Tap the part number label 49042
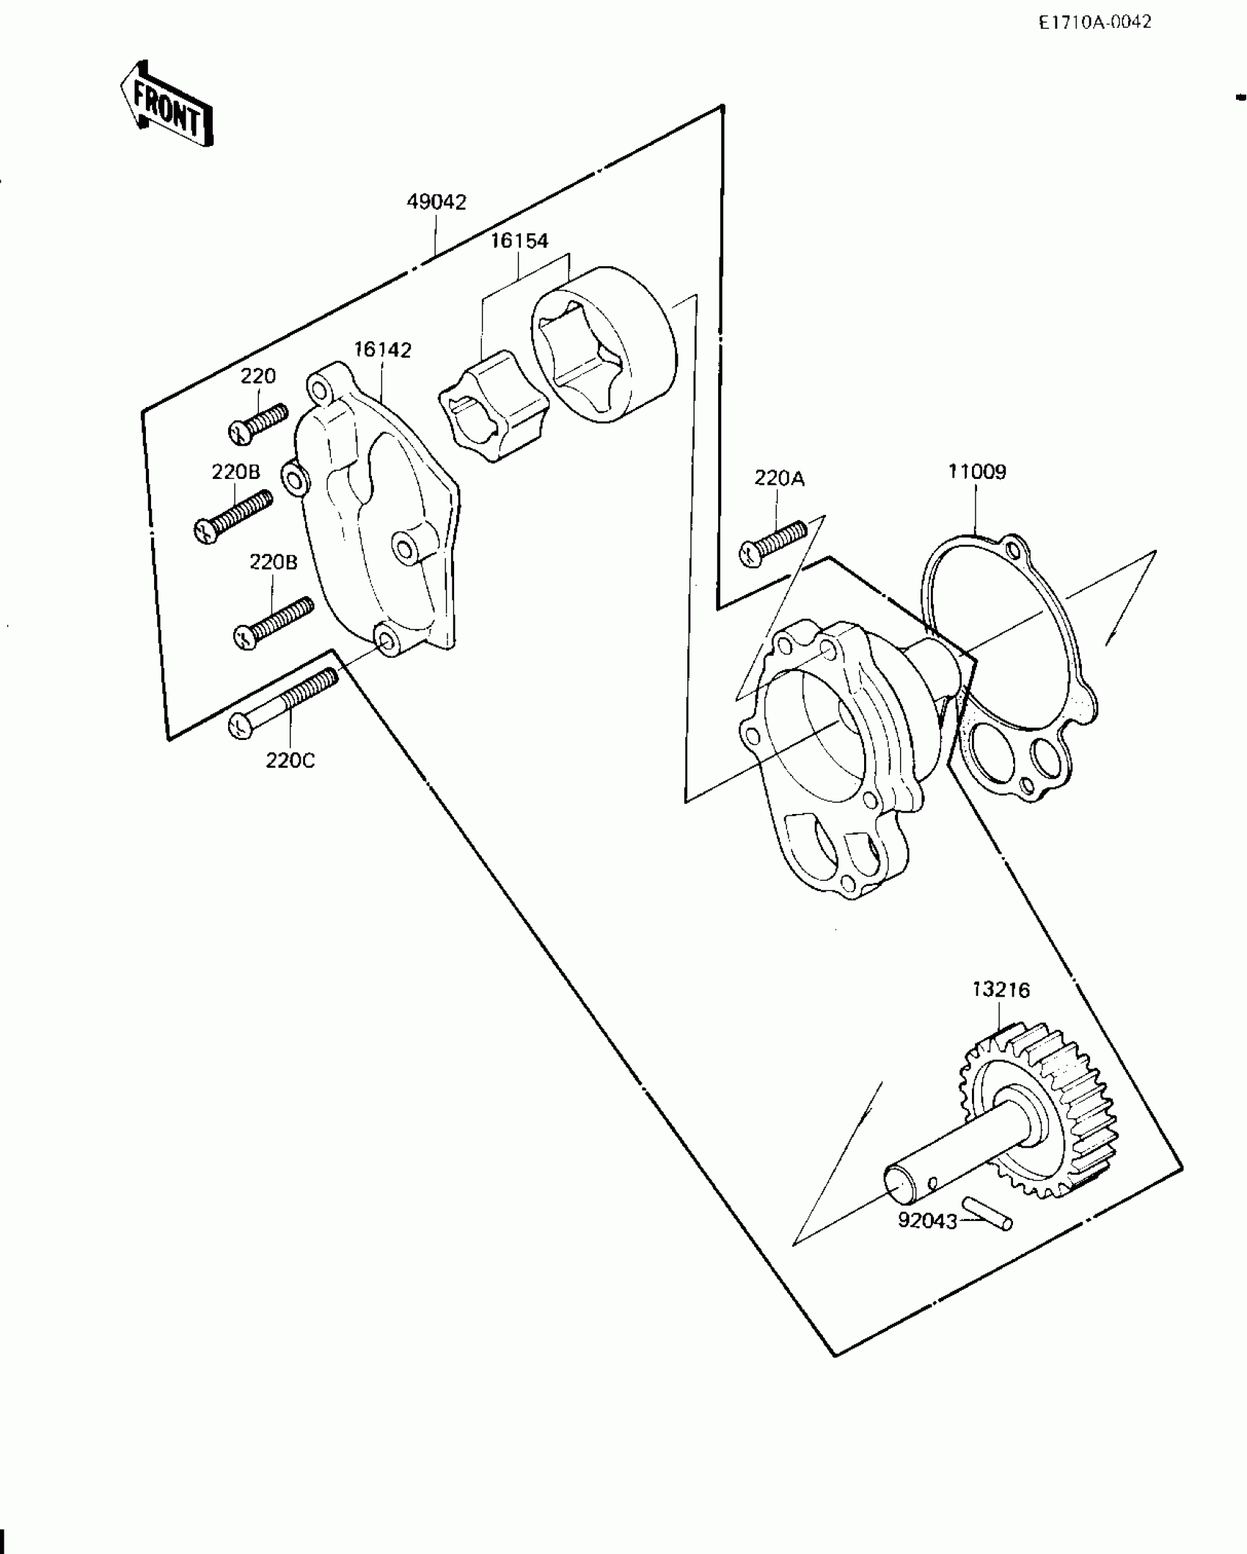coord(436,202)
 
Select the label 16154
coord(519,241)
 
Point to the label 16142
coord(382,350)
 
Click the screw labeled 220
coord(258,425)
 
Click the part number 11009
coord(976,472)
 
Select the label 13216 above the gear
coord(1001,989)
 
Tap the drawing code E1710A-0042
coord(1094,23)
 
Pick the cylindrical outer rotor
coord(601,345)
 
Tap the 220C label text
coord(290,761)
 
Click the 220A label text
coord(779,479)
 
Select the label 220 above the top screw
coord(258,376)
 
